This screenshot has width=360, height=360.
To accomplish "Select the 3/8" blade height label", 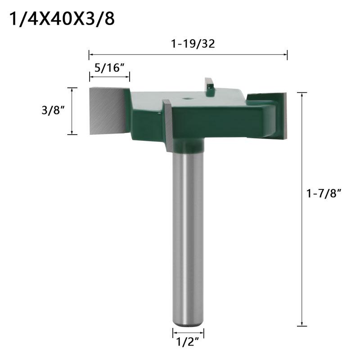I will [x=51, y=111].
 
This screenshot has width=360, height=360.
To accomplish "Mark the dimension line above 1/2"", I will [x=188, y=333].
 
